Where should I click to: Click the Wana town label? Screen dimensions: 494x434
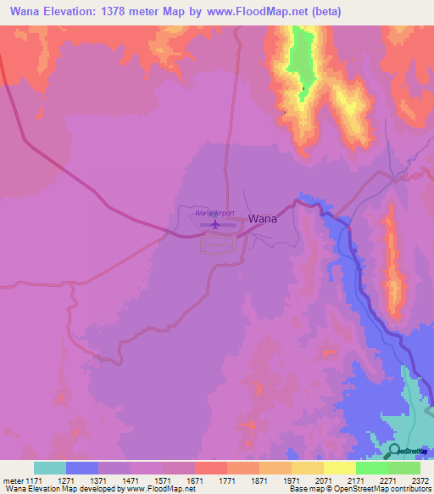tap(263, 218)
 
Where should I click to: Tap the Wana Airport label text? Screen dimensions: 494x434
tap(214, 213)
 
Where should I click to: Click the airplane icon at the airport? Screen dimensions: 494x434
tap(214, 225)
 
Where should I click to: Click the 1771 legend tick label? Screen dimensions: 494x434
tap(227, 480)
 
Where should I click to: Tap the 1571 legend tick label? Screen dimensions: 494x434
tap(163, 480)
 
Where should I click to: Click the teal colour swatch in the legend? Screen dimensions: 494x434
tap(50, 468)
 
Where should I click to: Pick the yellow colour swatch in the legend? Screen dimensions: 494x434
tap(340, 468)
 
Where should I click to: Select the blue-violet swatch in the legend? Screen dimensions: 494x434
tap(82, 468)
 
